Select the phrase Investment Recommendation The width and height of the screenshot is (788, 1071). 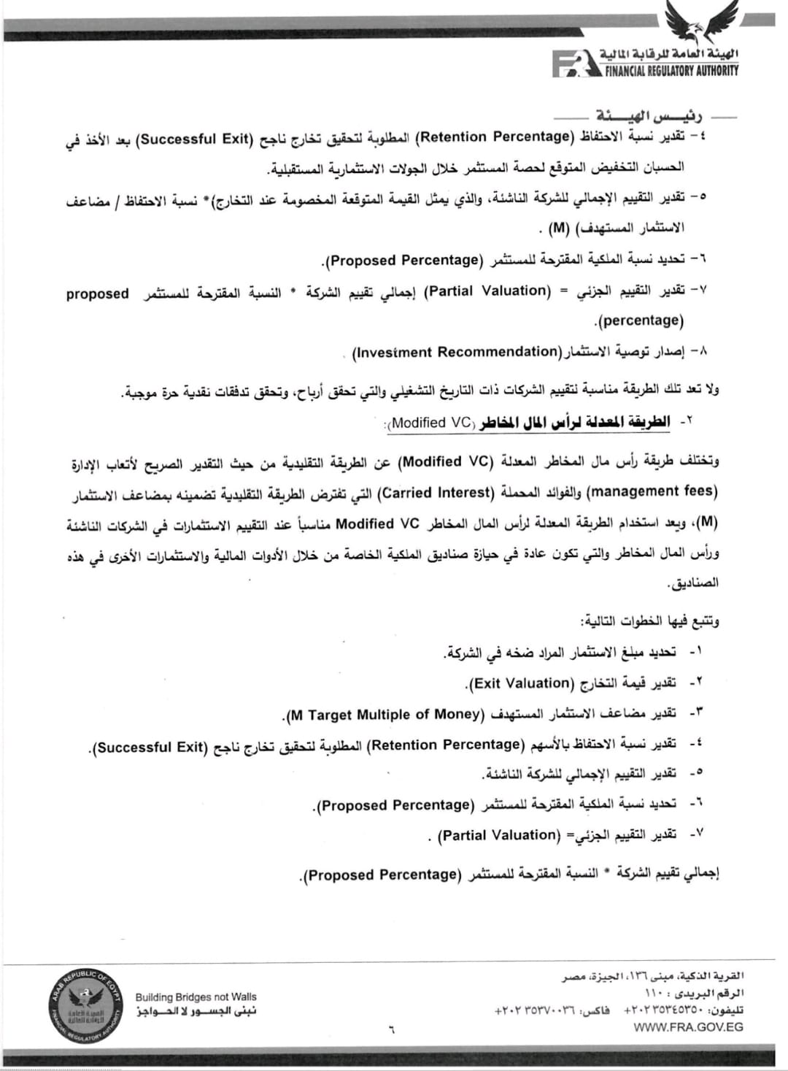click(455, 353)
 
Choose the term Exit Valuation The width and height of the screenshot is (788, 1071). click(521, 684)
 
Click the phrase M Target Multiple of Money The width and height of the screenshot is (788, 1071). click(385, 715)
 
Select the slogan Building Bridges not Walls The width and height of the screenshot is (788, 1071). click(196, 997)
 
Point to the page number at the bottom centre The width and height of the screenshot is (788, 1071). click(391, 1031)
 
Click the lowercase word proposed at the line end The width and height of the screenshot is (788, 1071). click(97, 293)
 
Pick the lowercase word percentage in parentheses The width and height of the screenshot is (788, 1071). click(641, 320)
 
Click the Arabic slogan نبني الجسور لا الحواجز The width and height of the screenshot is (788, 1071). click(196, 1010)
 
